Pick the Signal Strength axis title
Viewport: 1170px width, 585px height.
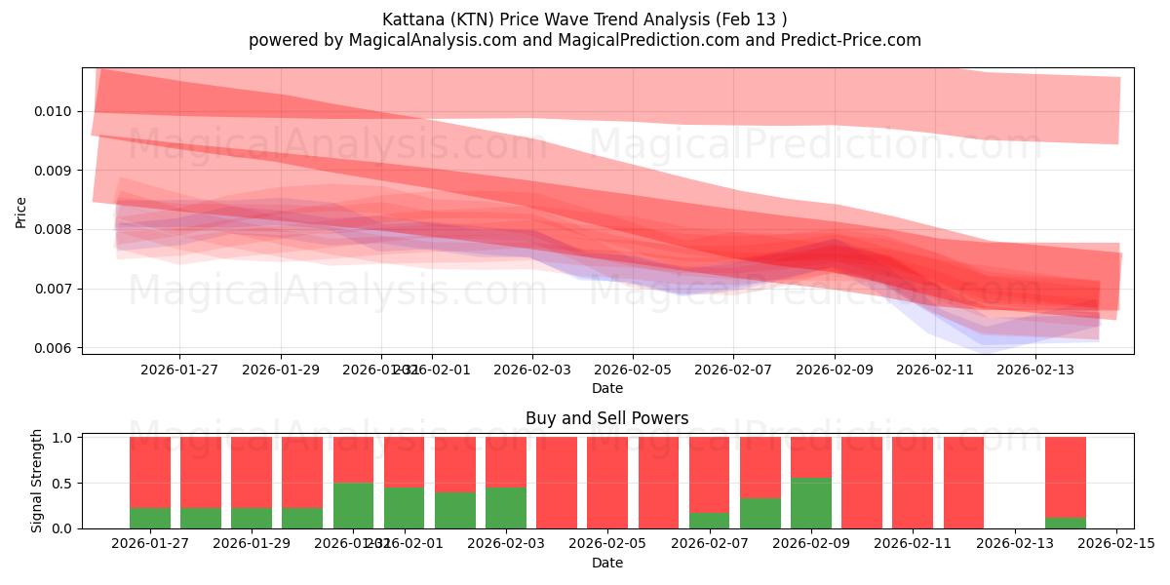[36, 481]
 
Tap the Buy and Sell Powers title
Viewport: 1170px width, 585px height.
[606, 418]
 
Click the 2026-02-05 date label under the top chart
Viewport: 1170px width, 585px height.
[633, 370]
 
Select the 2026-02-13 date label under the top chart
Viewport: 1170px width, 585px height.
[1036, 370]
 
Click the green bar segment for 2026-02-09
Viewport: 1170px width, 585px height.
[811, 503]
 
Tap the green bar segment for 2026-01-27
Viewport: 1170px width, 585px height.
[150, 518]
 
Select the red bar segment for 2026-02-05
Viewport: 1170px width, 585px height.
[607, 483]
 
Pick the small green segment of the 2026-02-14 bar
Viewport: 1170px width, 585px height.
[1066, 523]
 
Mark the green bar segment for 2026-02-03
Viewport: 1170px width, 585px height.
[506, 507]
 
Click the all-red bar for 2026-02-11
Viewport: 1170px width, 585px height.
[913, 483]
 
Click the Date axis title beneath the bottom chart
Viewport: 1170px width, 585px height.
[606, 563]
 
